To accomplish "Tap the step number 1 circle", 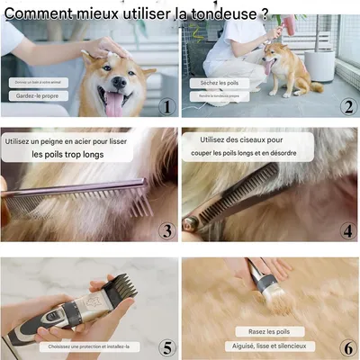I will (165, 107).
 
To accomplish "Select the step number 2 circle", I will (348, 107).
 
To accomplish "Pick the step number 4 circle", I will (348, 231).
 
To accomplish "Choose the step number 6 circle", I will (348, 347).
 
